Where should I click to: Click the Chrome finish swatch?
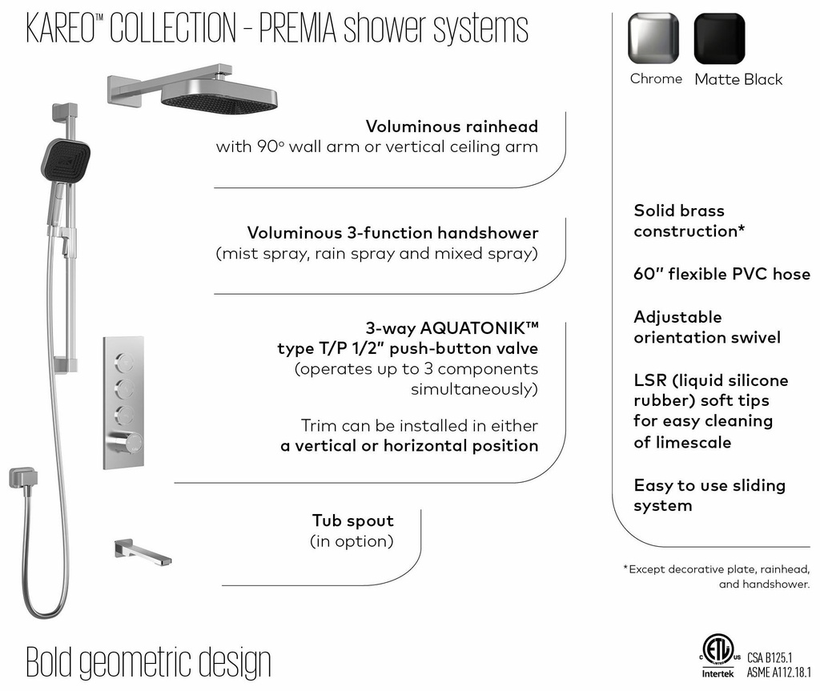(x=653, y=38)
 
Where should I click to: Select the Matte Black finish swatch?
(x=719, y=38)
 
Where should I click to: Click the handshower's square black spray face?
(x=65, y=159)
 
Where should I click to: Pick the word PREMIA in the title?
(x=300, y=29)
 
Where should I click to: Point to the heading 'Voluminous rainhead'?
(x=452, y=127)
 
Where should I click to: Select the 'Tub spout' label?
(x=353, y=520)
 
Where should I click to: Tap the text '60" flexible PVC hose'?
(x=722, y=274)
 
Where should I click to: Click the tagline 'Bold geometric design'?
(x=149, y=661)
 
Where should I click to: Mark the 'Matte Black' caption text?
(x=738, y=79)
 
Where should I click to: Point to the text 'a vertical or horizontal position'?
(x=409, y=446)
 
